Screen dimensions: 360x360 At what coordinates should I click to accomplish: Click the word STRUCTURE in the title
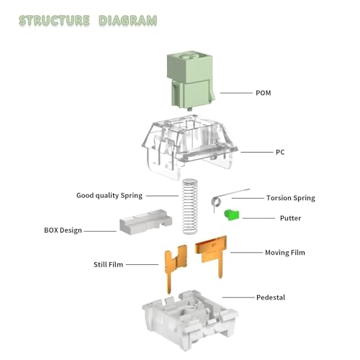click(x=54, y=20)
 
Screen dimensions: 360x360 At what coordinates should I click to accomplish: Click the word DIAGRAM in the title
click(x=128, y=20)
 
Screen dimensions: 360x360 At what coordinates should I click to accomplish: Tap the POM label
click(x=264, y=93)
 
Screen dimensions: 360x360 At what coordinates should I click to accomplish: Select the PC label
click(x=280, y=152)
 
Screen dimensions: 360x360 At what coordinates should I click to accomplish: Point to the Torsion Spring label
click(x=291, y=198)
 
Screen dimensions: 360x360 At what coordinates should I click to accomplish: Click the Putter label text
click(x=290, y=218)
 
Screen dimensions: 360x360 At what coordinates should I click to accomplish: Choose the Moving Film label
click(x=285, y=253)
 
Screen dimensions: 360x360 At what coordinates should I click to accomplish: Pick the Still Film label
click(x=108, y=264)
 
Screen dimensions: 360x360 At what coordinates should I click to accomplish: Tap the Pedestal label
click(x=271, y=297)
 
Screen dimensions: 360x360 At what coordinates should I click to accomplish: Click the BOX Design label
click(x=63, y=230)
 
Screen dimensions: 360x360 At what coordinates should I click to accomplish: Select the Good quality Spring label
click(x=109, y=196)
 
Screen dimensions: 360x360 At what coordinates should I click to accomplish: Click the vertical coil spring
click(x=190, y=207)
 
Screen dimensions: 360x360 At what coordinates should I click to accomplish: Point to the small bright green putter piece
click(x=232, y=215)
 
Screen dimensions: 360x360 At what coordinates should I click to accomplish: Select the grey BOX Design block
click(x=145, y=222)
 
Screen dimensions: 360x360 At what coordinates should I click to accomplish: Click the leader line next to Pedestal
click(x=238, y=297)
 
